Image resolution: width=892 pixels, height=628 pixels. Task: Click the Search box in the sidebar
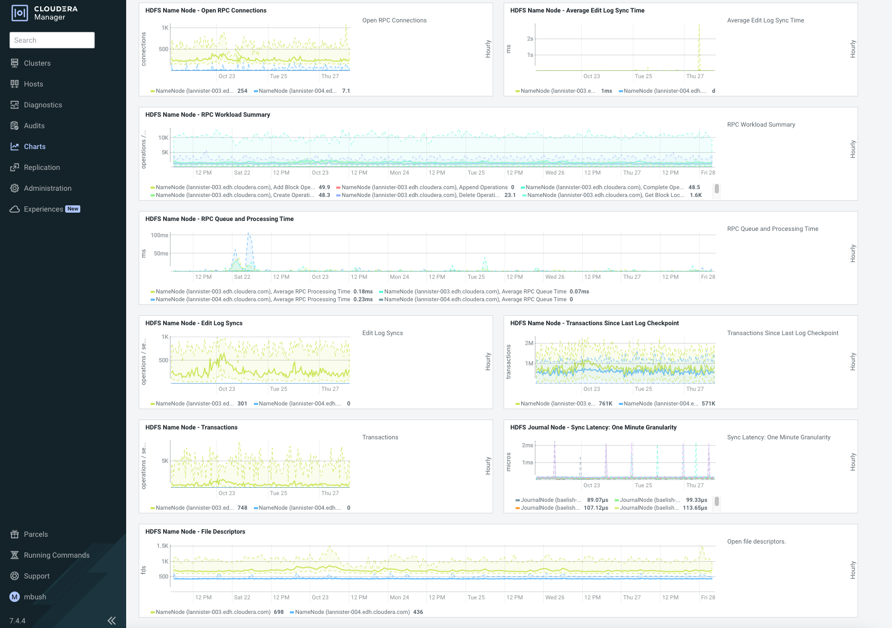(x=52, y=40)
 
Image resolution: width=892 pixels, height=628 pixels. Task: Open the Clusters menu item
(x=37, y=63)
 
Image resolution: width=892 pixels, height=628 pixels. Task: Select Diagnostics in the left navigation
(x=43, y=105)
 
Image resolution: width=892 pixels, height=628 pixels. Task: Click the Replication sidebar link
(x=42, y=167)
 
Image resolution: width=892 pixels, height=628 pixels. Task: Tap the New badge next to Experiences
(x=73, y=209)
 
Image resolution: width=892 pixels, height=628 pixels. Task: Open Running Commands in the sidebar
(x=56, y=555)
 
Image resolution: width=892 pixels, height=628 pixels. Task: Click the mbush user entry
(x=35, y=597)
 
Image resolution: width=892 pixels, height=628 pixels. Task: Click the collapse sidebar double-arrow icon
(x=112, y=620)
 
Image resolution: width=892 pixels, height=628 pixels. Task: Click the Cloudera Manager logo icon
(x=20, y=13)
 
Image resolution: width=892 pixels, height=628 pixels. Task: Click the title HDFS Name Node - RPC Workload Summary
(x=207, y=115)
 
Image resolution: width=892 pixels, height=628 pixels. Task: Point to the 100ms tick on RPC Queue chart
(x=160, y=235)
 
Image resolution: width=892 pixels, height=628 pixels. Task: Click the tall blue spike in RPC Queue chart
(x=249, y=237)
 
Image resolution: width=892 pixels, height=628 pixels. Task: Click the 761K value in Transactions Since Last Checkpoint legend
(x=605, y=403)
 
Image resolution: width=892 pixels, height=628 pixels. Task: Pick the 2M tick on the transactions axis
(x=529, y=343)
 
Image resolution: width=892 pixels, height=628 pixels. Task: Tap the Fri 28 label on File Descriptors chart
(x=707, y=597)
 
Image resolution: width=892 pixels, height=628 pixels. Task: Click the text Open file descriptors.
(x=756, y=541)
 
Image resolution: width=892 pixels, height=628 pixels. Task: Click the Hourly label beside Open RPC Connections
(x=488, y=48)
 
